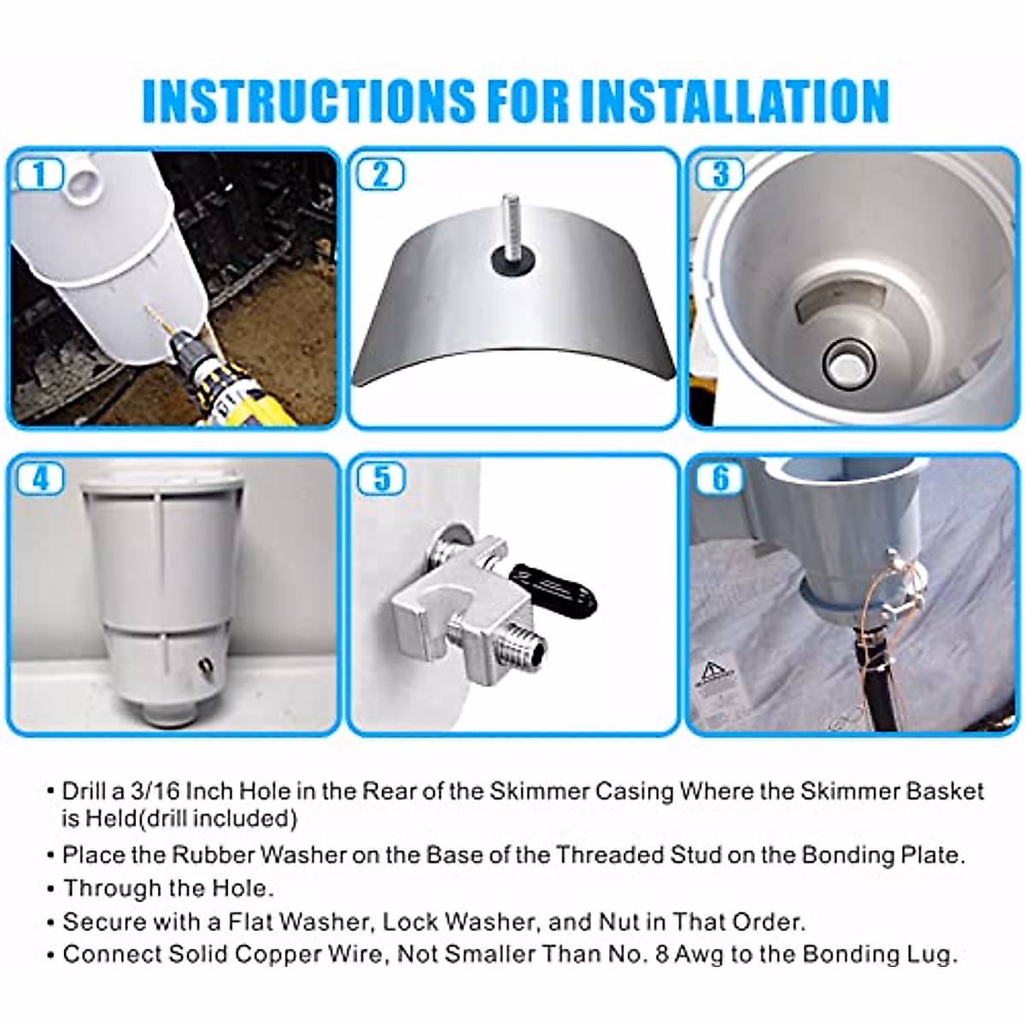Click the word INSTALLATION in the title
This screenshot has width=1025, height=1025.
point(735,101)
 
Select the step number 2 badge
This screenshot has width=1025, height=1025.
point(380,174)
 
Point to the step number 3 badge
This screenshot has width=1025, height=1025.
point(720,174)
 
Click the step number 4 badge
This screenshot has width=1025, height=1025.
point(39,479)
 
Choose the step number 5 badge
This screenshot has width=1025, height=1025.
point(380,479)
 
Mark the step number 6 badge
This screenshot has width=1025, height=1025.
point(720,479)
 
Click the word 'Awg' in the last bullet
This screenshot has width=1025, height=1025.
point(700,954)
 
